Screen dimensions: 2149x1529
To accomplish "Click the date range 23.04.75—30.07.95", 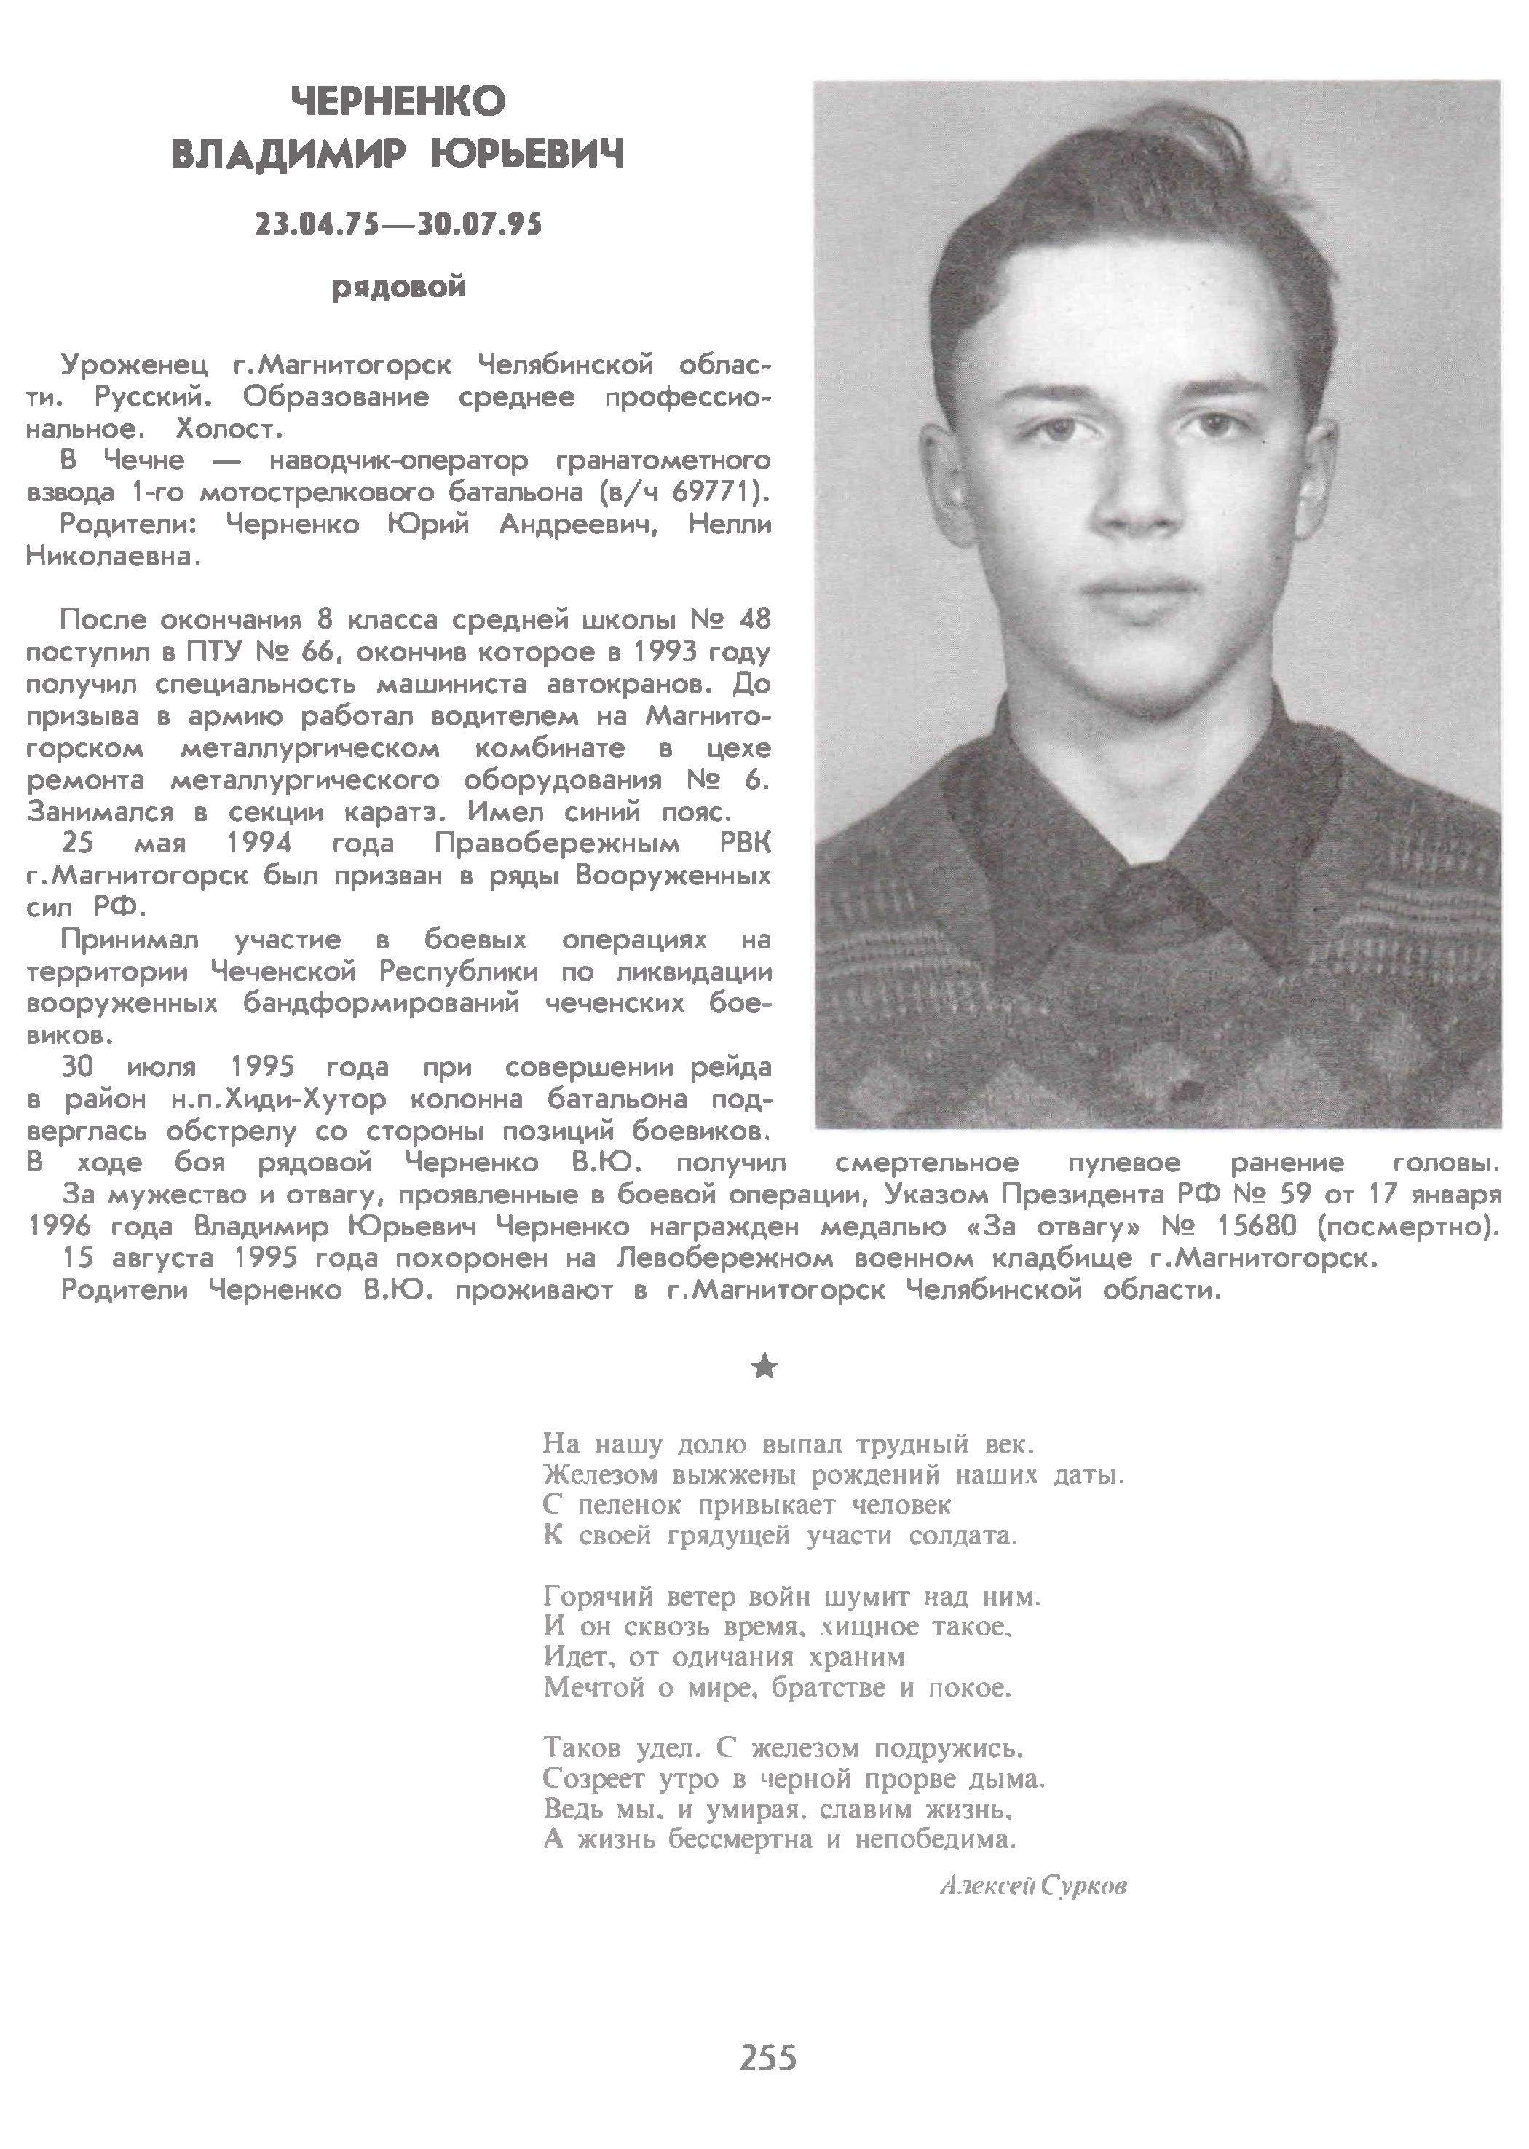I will click(x=398, y=225).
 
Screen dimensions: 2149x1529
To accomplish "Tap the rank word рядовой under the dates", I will click(x=398, y=287).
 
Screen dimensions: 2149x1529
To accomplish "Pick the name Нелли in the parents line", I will click(x=730, y=525).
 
